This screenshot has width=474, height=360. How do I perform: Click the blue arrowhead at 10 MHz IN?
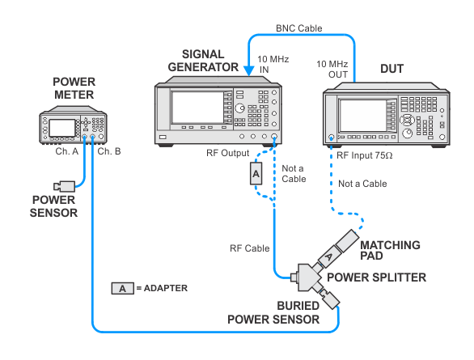(249, 71)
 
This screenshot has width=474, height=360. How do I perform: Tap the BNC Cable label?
(299, 28)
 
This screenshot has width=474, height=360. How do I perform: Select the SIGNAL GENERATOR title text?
(203, 61)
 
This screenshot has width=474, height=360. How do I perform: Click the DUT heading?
(391, 69)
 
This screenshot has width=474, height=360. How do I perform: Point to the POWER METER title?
(74, 88)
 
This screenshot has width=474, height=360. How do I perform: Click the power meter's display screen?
(62, 128)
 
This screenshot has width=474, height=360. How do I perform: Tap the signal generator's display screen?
(197, 108)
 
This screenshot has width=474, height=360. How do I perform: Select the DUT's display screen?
(362, 115)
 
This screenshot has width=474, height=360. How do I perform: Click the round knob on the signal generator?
(239, 108)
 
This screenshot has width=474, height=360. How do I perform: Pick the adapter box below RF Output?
(256, 173)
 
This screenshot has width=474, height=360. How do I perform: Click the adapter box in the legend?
(122, 288)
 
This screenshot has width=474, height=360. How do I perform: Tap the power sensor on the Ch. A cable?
(65, 186)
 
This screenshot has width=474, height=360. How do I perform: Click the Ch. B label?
(109, 151)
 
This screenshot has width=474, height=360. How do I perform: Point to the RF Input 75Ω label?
(365, 155)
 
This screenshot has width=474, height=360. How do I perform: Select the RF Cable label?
(250, 248)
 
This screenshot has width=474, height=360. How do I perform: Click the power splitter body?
(307, 277)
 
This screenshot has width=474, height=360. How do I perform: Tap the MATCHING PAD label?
(390, 250)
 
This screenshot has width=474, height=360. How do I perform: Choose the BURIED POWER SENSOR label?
(273, 312)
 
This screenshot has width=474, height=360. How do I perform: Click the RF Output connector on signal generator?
(274, 137)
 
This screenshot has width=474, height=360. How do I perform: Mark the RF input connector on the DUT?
(332, 138)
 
